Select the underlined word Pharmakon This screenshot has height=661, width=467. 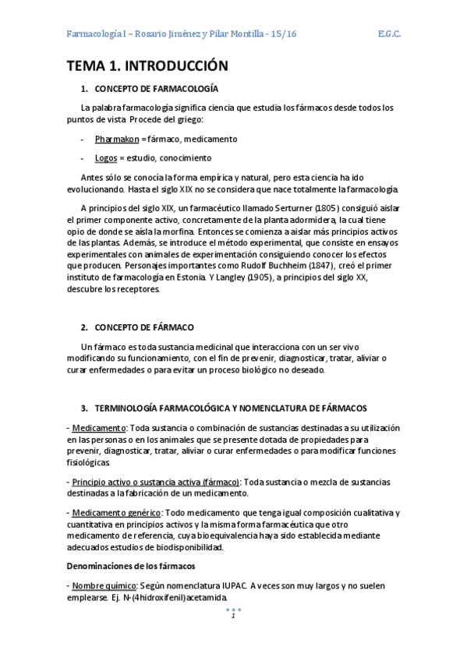[116, 139]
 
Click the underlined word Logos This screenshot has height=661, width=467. [106, 157]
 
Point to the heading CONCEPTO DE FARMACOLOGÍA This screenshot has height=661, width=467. [156, 89]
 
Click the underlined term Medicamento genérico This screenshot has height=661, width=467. [117, 512]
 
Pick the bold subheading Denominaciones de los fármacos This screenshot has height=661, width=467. [130, 565]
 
